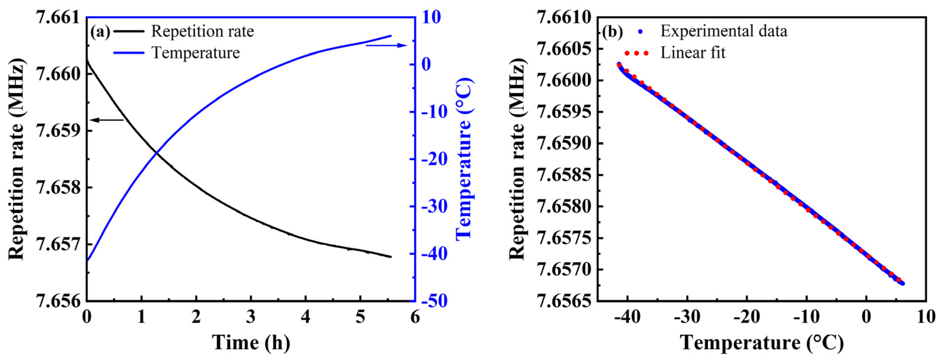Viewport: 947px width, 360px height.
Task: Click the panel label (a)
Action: pos(100,32)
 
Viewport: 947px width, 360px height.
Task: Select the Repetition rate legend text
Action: pos(203,31)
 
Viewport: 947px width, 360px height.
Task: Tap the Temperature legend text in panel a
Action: pos(196,53)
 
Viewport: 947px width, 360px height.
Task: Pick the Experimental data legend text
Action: pos(723,31)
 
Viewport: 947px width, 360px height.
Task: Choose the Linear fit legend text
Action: pos(693,53)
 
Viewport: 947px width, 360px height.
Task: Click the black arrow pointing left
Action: pos(107,120)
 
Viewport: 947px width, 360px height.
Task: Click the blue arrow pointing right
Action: pos(386,45)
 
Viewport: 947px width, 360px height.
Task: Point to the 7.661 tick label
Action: pos(58,18)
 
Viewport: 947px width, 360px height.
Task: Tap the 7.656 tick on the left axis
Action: pos(58,301)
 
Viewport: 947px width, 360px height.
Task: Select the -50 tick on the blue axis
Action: pos(434,301)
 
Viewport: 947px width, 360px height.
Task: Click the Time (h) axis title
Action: pos(251,343)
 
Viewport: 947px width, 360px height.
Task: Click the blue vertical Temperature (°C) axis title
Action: pos(464,159)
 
